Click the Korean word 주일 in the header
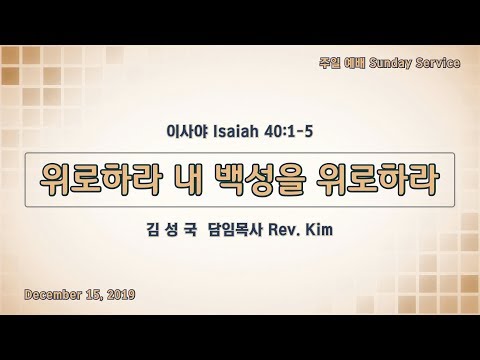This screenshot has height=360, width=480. click(330, 63)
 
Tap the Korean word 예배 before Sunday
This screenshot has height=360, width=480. click(355, 63)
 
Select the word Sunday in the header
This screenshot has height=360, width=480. click(390, 63)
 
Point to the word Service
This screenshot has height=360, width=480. click(438, 63)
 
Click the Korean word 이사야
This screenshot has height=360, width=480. click(187, 131)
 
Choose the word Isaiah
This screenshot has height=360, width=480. click(236, 131)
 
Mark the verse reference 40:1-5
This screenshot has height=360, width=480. click(288, 131)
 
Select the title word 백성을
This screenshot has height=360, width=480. click(259, 180)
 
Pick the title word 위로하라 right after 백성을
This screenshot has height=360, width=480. click(377, 180)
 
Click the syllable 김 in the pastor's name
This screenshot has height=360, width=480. click(153, 230)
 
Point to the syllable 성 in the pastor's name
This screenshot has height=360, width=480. click(172, 230)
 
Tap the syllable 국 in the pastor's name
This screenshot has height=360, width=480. click(191, 230)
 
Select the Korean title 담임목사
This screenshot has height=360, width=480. click(236, 230)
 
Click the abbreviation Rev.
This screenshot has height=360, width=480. click(284, 230)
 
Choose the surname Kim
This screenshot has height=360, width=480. click(319, 230)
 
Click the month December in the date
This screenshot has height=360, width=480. click(53, 295)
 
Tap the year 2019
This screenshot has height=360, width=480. click(121, 295)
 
